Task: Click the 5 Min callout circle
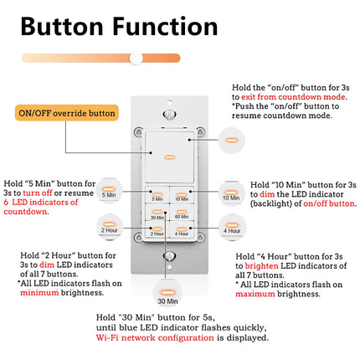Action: (x=109, y=191)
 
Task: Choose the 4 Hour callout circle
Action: (x=230, y=227)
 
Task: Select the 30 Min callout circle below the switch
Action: (x=167, y=294)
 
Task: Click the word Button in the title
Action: (x=66, y=26)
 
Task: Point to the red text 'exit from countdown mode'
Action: (x=282, y=98)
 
